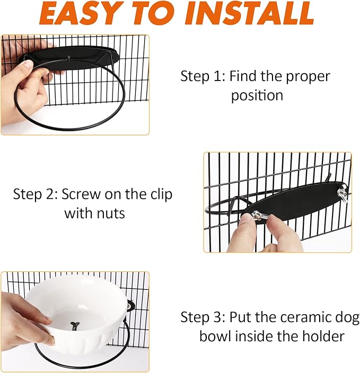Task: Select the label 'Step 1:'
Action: tap(203, 76)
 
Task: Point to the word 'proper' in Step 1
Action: tap(308, 76)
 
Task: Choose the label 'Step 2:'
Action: tap(36, 194)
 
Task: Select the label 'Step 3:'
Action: tap(203, 317)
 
